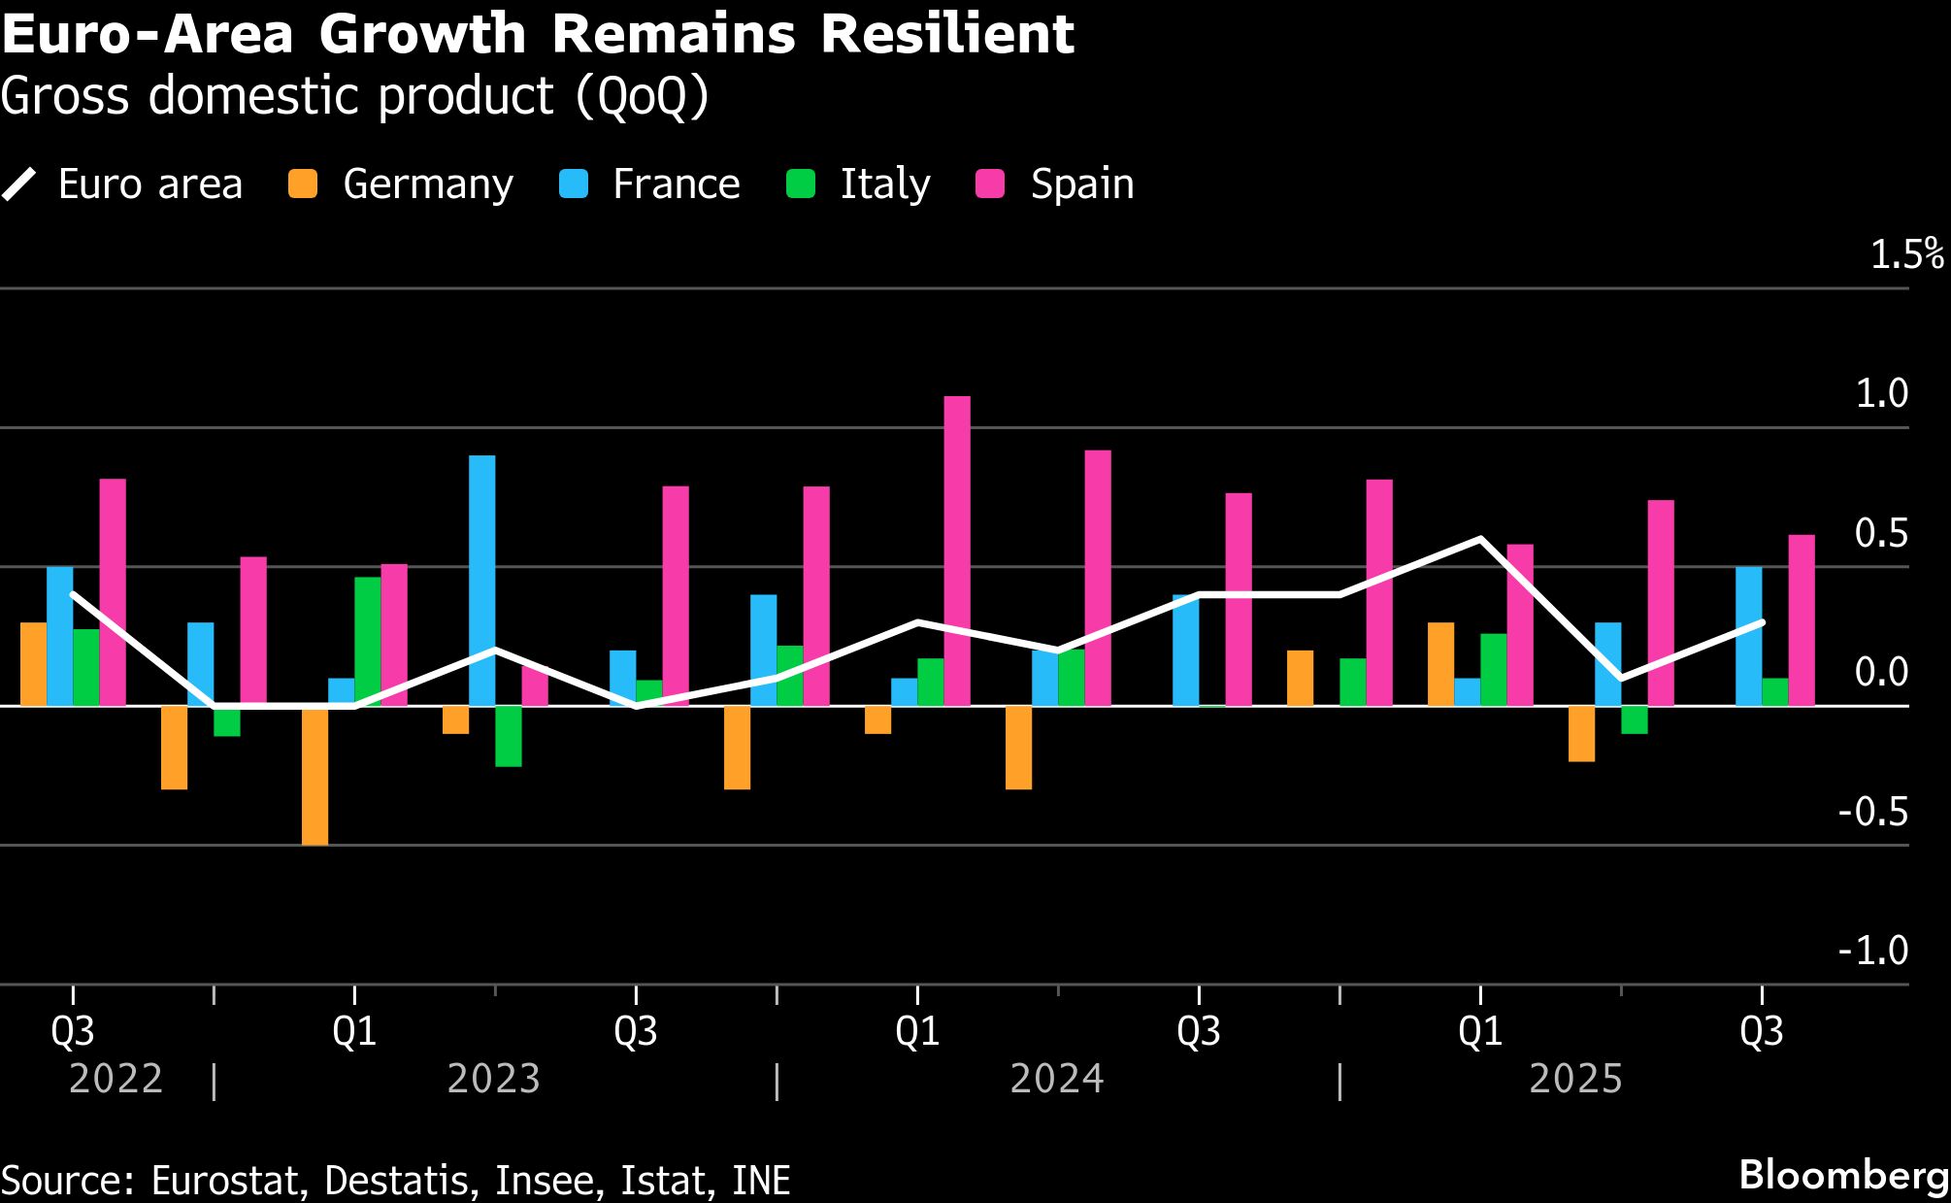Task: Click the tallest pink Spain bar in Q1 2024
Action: point(956,551)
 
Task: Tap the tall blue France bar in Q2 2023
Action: point(481,581)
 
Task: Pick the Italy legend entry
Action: point(858,184)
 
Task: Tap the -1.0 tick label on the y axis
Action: point(1872,951)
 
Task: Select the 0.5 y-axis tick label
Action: point(1880,533)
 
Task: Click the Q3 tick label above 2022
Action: point(73,1031)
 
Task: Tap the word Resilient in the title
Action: point(946,35)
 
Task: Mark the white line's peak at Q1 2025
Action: point(1479,539)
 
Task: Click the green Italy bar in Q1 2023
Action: point(367,641)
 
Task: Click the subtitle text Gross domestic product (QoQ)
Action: point(354,96)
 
